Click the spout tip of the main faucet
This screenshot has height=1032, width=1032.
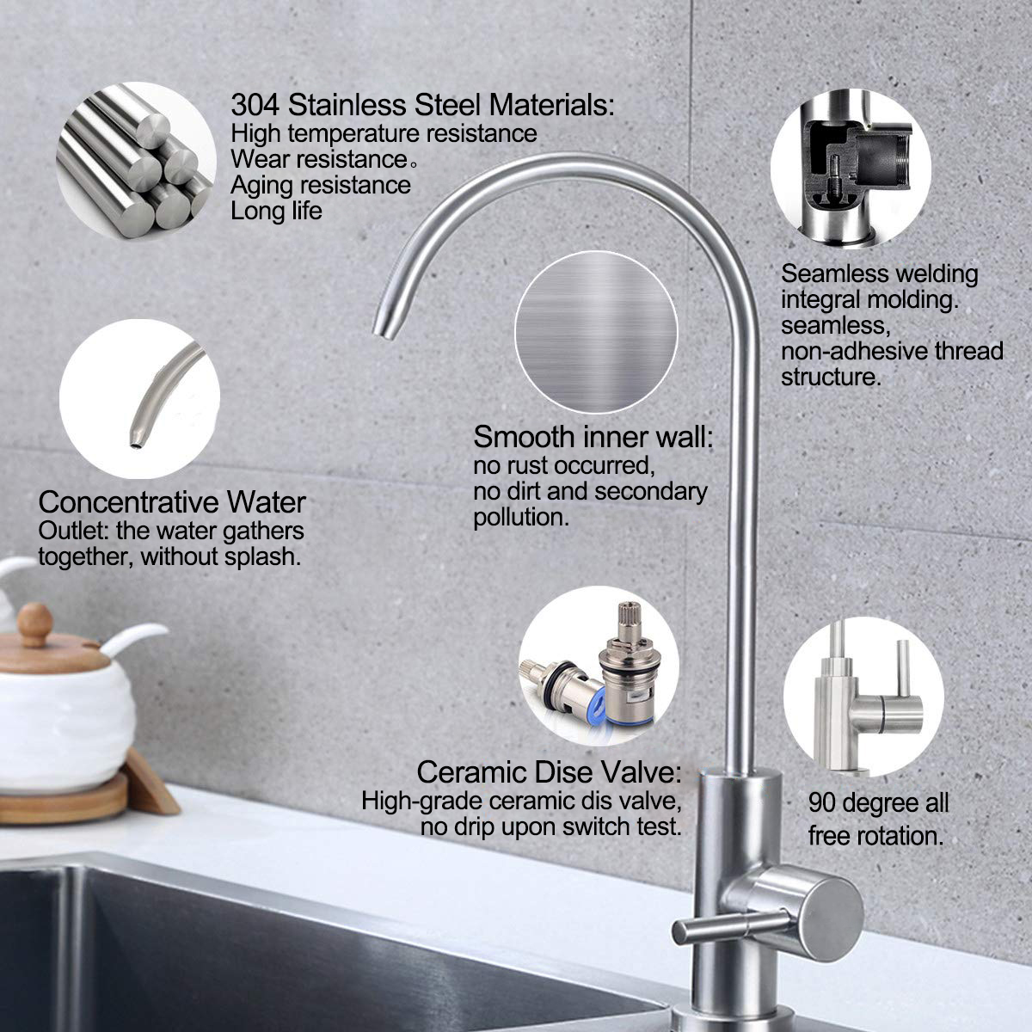tap(379, 328)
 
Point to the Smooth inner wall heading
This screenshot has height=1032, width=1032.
tap(593, 437)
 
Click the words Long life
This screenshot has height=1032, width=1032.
tap(277, 211)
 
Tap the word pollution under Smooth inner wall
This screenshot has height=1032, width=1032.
tap(519, 517)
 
